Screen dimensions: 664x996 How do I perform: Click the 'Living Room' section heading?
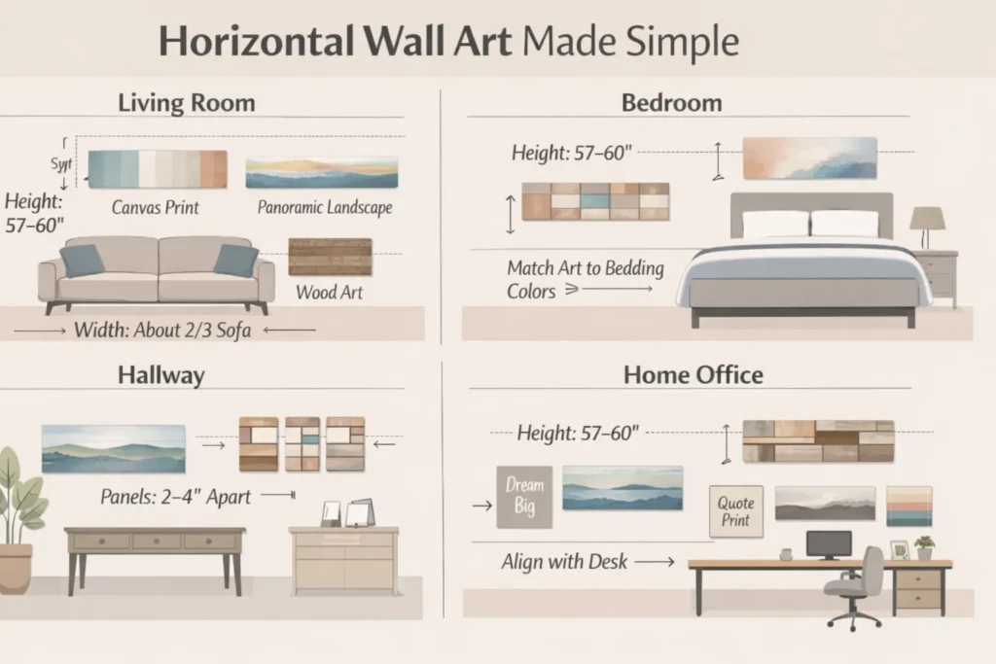186,102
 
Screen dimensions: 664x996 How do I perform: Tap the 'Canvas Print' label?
156,206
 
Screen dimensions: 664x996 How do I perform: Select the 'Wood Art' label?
331,291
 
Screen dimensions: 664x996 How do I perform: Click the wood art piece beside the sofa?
331,258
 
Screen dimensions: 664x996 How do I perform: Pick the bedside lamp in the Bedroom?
927,227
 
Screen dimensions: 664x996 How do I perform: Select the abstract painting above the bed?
809,158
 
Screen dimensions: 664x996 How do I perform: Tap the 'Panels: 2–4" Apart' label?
176,497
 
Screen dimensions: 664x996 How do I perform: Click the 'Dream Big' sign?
524,497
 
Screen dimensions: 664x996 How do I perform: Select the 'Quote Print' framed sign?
735,511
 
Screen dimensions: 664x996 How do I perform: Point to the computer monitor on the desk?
829,543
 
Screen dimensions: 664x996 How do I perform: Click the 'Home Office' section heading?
693,375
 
